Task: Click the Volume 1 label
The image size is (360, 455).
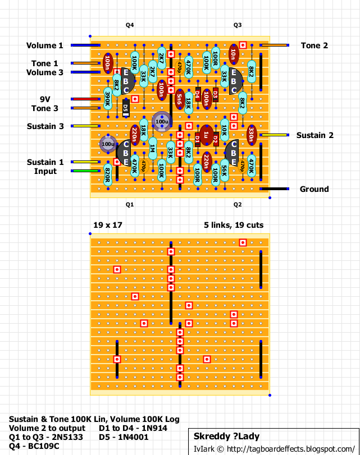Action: [45, 45]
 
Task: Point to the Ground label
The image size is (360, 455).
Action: [314, 189]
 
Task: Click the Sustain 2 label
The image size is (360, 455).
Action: [315, 135]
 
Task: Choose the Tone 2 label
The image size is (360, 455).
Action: [314, 45]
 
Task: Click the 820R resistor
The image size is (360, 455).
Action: [107, 175]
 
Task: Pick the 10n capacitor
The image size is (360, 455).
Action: [233, 54]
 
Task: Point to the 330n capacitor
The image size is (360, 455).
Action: [251, 135]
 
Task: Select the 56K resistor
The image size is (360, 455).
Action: [224, 171]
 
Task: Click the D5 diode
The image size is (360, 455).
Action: [126, 108]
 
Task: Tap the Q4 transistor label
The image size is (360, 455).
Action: [130, 25]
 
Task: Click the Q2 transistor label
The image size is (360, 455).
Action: [238, 205]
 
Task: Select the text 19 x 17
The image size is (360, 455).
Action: [108, 225]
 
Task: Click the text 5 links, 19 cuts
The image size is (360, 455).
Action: [234, 225]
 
